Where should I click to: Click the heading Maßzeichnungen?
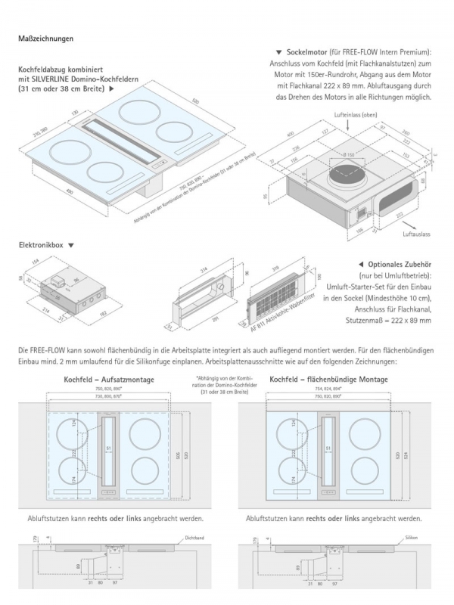[x=45, y=38]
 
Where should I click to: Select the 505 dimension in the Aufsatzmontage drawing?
[x=178, y=456]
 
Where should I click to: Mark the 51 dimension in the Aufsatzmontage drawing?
[x=108, y=449]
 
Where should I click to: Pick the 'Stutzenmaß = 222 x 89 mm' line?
[x=384, y=321]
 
